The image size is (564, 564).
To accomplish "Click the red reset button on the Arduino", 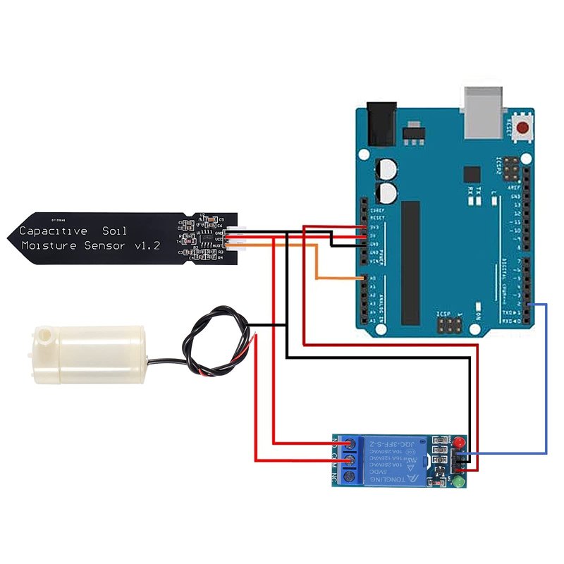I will coord(522,128).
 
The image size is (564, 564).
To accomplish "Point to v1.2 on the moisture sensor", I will coord(145,246).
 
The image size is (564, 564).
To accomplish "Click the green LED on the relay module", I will coord(458,483).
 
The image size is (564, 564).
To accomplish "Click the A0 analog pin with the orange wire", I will coord(364,279).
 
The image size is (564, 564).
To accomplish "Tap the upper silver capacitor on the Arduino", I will coord(386,170).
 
